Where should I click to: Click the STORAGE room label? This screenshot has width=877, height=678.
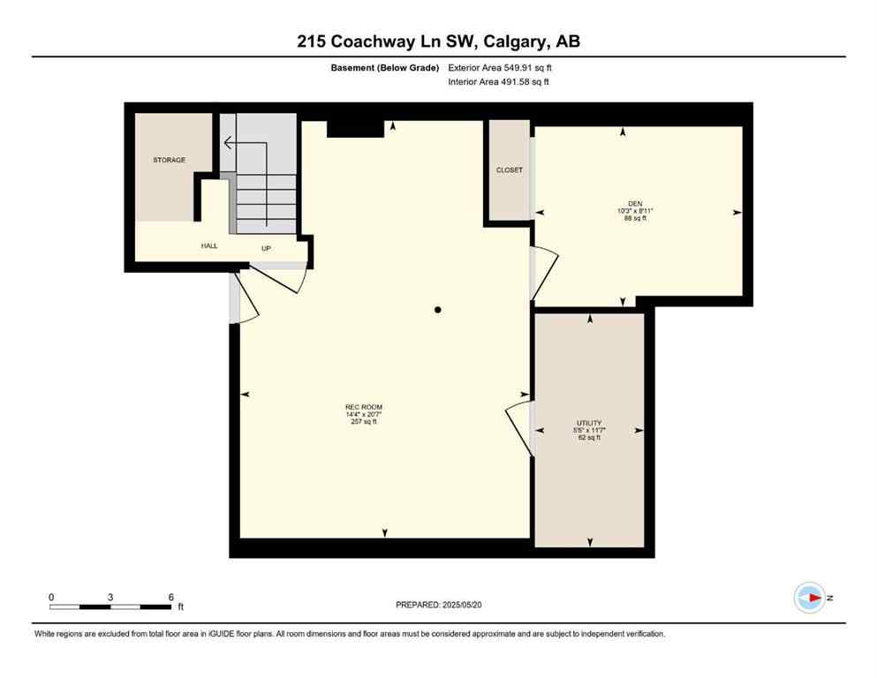pyautogui.click(x=169, y=160)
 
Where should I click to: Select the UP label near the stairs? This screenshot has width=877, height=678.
pyautogui.click(x=266, y=248)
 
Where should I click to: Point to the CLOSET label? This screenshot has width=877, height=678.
pyautogui.click(x=509, y=169)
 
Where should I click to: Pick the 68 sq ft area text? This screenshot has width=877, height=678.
pyautogui.click(x=634, y=218)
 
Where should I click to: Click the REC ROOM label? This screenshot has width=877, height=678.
pyautogui.click(x=363, y=407)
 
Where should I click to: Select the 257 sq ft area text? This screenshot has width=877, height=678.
pyautogui.click(x=363, y=422)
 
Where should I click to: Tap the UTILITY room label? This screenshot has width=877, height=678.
pyautogui.click(x=588, y=423)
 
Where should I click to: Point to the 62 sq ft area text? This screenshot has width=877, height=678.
pyautogui.click(x=588, y=437)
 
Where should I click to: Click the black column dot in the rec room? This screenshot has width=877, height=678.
pyautogui.click(x=437, y=310)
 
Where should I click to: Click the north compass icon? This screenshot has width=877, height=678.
pyautogui.click(x=809, y=598)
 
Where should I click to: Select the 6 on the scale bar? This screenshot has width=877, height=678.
pyautogui.click(x=170, y=597)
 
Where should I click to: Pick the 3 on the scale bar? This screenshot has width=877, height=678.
pyautogui.click(x=110, y=597)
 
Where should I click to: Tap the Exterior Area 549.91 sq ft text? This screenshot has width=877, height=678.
pyautogui.click(x=501, y=67)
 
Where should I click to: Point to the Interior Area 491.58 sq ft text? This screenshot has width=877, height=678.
pyautogui.click(x=500, y=82)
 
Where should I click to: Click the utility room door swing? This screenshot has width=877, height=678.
pyautogui.click(x=519, y=428)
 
